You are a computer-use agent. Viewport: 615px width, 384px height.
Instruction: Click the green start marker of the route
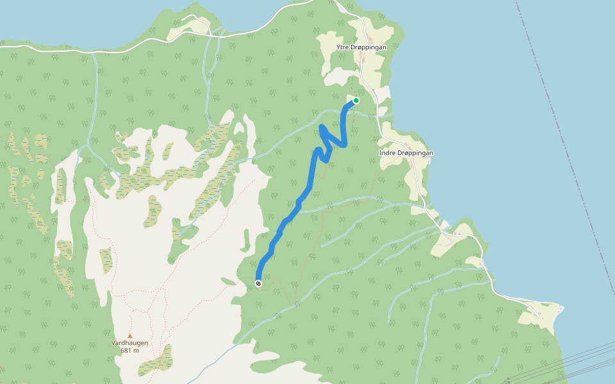click(x=356, y=100)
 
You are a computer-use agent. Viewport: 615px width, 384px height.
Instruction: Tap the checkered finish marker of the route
click(x=258, y=284)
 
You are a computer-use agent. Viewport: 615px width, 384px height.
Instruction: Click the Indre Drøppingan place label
click(x=406, y=153)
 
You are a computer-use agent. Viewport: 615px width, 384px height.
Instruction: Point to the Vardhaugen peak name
click(x=129, y=343)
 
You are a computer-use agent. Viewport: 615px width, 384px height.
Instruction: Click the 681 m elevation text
click(x=129, y=351)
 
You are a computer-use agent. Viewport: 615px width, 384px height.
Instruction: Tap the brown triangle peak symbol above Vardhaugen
click(x=129, y=335)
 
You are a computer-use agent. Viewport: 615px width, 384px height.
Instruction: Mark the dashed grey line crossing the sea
click(x=564, y=160)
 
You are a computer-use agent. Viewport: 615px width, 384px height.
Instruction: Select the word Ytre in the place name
click(x=344, y=47)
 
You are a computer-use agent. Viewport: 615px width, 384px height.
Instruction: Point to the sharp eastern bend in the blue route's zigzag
click(x=346, y=145)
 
